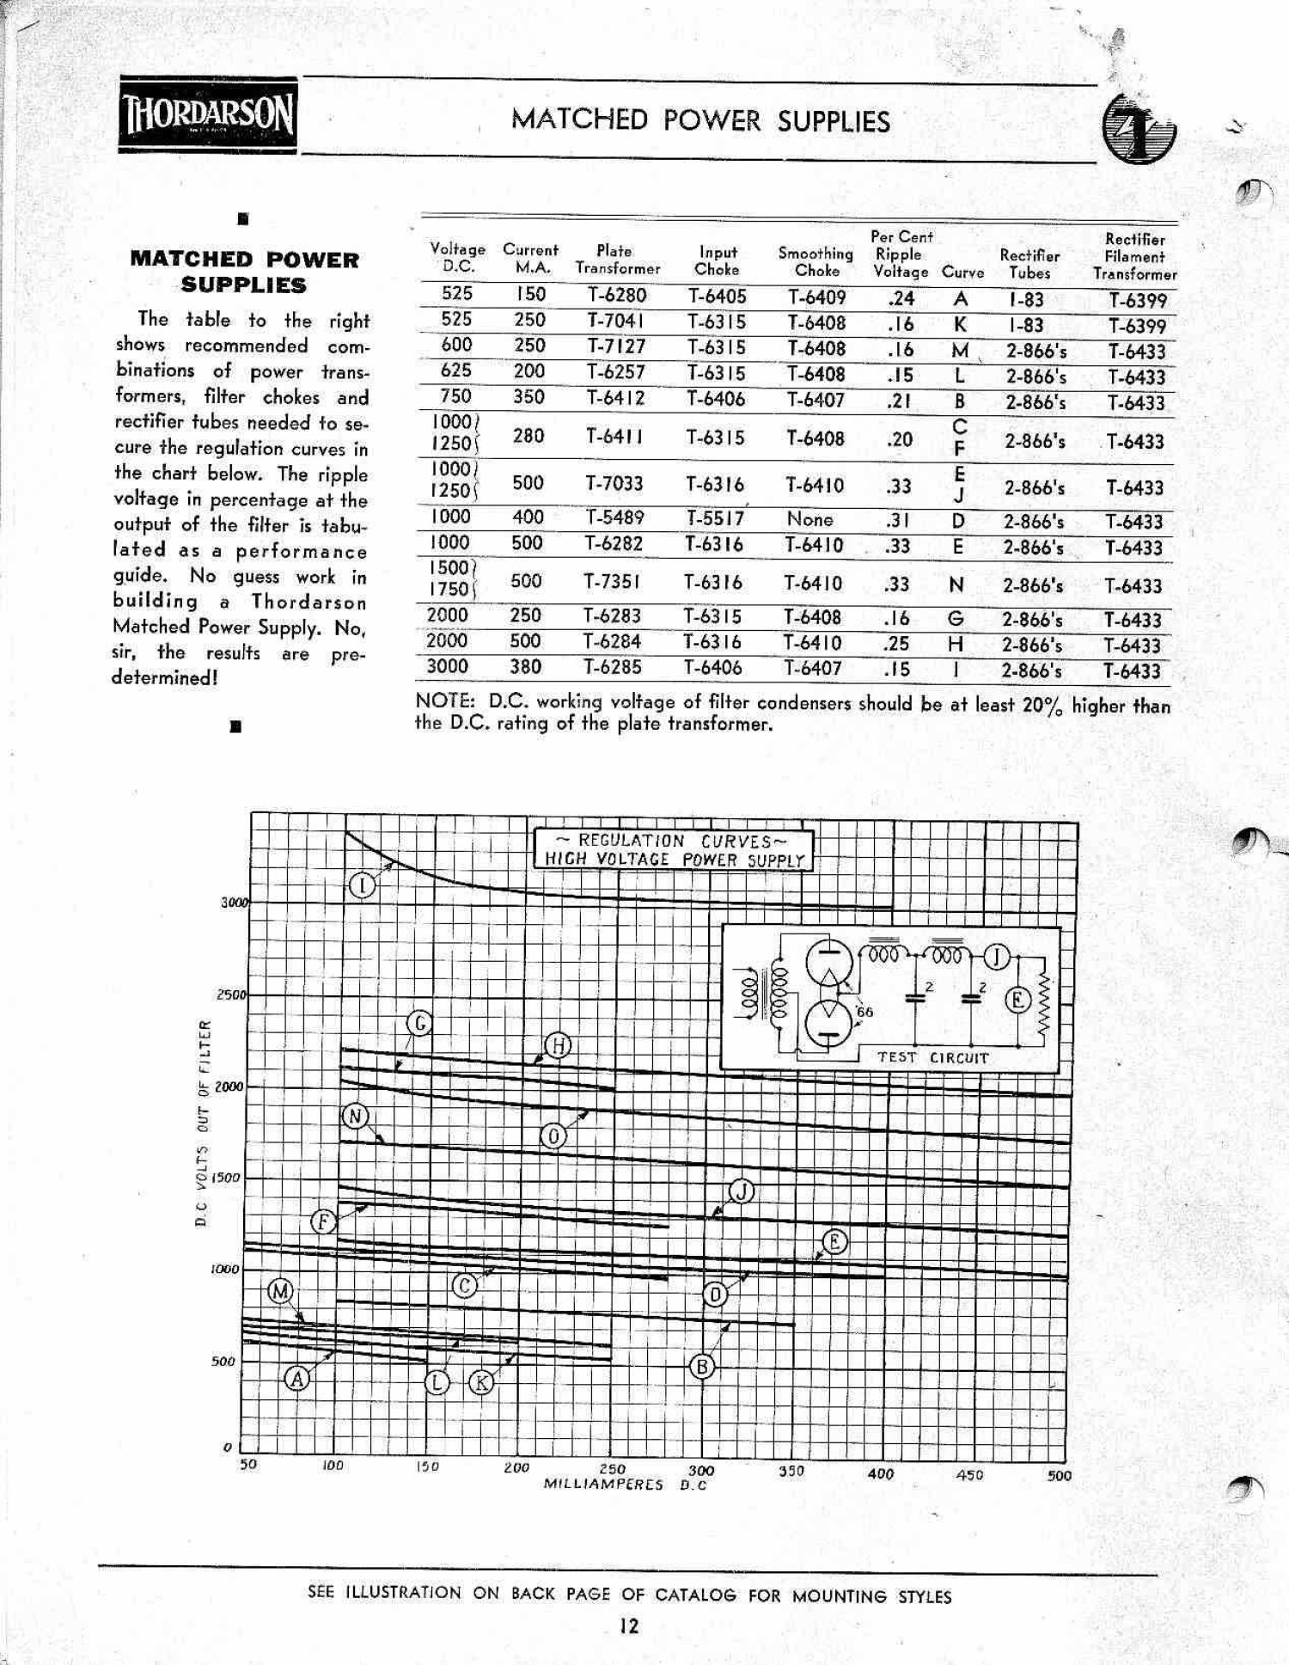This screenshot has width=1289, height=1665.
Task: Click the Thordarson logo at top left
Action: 208,115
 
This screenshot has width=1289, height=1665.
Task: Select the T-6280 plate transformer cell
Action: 616,295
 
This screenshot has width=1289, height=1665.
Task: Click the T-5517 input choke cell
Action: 715,517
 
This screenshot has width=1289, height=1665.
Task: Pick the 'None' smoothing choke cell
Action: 809,519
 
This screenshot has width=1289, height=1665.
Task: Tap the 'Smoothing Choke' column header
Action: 816,261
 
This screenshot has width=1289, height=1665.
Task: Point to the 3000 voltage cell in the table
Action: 447,666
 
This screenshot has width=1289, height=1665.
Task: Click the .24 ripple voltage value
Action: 900,298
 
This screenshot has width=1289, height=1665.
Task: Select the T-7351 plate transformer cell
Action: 612,582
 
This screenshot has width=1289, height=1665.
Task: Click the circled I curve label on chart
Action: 363,885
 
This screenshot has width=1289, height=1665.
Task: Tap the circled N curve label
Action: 355,1117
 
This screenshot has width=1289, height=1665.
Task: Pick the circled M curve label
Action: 281,1291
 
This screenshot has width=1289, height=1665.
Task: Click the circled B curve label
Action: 702,1367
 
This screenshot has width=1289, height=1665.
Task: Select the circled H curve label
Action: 559,1046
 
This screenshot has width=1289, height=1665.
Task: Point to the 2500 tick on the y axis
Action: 230,995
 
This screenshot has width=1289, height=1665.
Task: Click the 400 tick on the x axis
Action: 881,1473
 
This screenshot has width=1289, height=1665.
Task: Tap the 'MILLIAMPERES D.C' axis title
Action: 625,1484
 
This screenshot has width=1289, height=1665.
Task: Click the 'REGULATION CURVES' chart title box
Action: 674,849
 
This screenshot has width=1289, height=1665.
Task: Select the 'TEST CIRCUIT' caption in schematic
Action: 932,1057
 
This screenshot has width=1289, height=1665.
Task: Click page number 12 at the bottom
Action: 629,1626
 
